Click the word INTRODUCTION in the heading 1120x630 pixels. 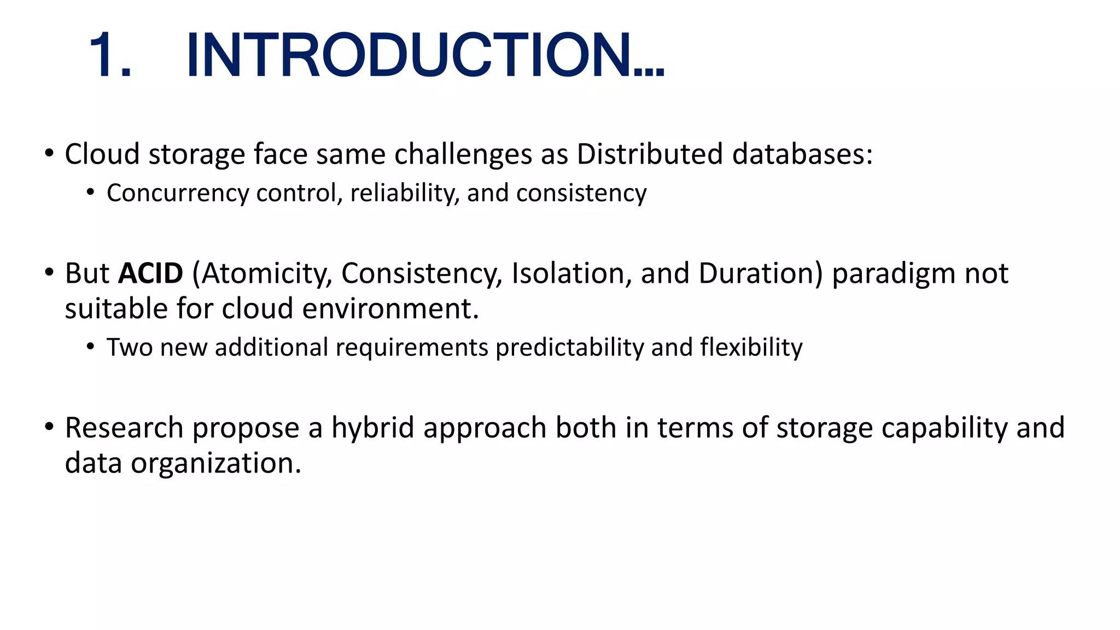pyautogui.click(x=409, y=56)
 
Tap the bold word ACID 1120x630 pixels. pyautogui.click(x=151, y=273)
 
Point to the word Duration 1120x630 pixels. pyautogui.click(x=756, y=273)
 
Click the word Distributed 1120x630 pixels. pyautogui.click(x=650, y=154)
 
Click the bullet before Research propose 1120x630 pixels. pyautogui.click(x=49, y=427)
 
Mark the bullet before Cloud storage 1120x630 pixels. pyautogui.click(x=49, y=153)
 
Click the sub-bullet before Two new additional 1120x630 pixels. pyautogui.click(x=90, y=347)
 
